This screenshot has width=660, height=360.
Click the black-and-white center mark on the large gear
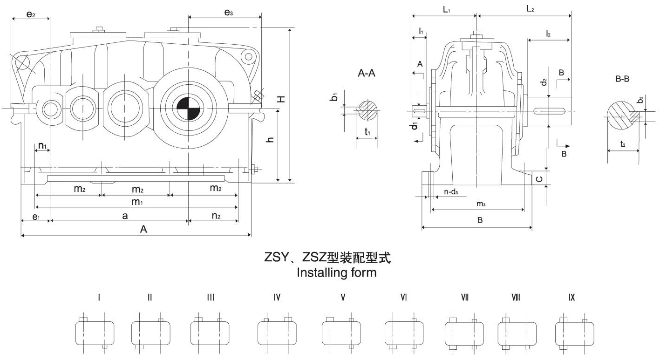pos(188,109)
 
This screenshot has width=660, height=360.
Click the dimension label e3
pos(228,13)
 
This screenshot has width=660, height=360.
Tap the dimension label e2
pos(30,14)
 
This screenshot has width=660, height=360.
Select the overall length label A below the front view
pos(144,229)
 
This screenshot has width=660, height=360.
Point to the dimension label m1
pos(136,201)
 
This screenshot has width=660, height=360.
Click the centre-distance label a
pos(125,215)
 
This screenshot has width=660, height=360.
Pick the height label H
pos(280,99)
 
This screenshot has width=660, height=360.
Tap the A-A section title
pos(367,74)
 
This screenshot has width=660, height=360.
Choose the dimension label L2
pos(530,9)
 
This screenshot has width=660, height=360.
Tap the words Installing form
pos(336,273)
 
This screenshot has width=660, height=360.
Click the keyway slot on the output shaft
pos(550,110)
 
